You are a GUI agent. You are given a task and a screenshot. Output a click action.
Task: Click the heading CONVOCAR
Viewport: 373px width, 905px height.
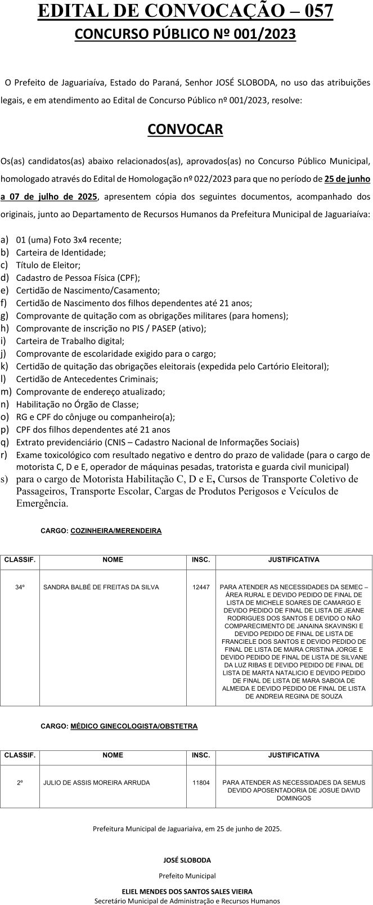click(185, 129)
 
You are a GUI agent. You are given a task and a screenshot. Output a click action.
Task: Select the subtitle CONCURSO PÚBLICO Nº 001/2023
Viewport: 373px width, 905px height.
click(185, 35)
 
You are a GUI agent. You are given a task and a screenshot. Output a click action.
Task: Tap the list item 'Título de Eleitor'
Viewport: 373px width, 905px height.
click(48, 265)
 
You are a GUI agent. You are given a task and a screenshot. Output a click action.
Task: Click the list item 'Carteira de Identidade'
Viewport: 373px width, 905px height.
click(61, 252)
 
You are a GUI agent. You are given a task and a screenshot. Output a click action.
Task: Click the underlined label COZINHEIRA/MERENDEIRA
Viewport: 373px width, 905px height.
click(116, 530)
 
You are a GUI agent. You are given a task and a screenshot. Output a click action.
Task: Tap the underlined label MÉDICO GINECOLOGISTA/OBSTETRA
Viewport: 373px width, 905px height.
click(134, 726)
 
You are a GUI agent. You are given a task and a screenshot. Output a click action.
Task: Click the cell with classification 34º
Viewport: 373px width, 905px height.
click(20, 587)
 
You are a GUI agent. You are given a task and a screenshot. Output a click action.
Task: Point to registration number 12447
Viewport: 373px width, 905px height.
click(201, 587)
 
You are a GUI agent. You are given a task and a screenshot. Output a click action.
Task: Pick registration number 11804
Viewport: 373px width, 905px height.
click(201, 782)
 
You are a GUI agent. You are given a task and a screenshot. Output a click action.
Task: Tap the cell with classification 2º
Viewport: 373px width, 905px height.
click(20, 782)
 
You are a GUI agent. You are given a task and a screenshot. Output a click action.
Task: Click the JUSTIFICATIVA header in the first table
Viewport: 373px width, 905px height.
click(294, 559)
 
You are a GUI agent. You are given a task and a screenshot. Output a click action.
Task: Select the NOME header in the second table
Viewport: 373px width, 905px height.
click(113, 755)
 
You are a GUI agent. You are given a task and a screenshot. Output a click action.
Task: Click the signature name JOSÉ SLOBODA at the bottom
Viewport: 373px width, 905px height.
click(187, 860)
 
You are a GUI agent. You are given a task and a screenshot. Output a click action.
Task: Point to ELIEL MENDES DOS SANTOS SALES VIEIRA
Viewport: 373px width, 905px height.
click(187, 891)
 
